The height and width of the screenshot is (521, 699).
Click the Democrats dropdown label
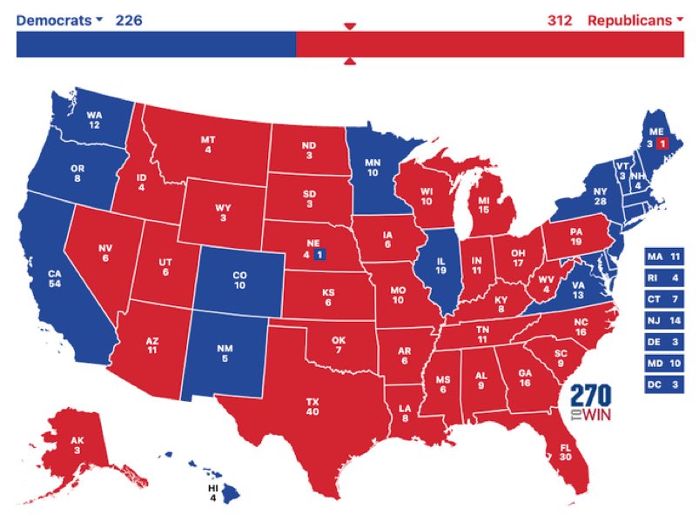(x=59, y=20)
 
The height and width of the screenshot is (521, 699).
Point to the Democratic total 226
(x=128, y=20)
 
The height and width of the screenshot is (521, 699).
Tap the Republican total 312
(x=560, y=20)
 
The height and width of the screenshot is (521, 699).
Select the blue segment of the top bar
(x=156, y=44)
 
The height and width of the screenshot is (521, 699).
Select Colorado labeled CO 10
(x=239, y=279)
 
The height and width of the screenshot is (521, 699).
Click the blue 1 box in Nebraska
(x=319, y=255)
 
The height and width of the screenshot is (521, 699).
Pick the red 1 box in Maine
(x=662, y=143)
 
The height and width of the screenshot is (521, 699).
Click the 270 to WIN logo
(x=590, y=403)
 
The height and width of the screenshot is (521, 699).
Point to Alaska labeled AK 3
(x=78, y=444)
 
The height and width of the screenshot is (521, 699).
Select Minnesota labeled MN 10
(x=373, y=167)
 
